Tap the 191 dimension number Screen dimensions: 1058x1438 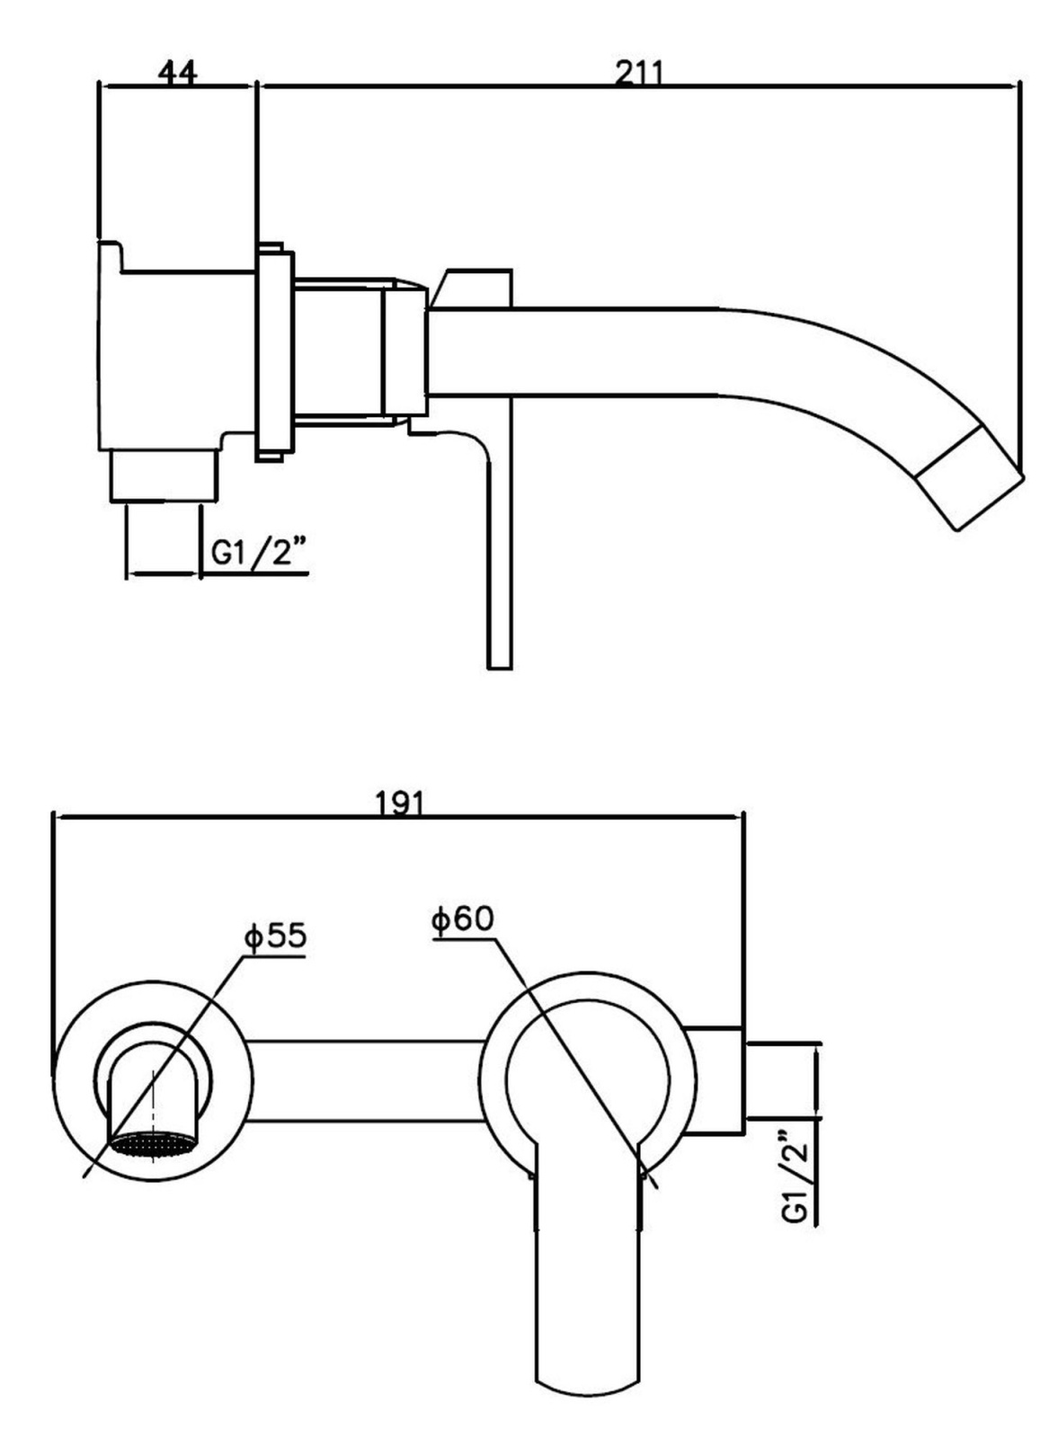tap(399, 803)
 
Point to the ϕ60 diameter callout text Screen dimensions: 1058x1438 tap(463, 919)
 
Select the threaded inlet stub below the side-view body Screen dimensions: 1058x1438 tap(165, 475)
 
